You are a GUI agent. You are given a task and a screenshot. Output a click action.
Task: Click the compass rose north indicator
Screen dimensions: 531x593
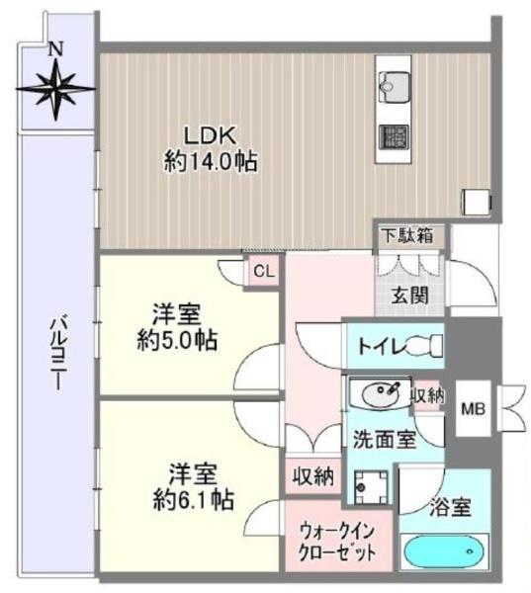[x=56, y=88]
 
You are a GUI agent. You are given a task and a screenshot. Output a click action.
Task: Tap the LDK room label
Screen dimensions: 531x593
[x=210, y=135]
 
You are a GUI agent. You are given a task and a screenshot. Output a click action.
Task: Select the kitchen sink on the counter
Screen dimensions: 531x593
[x=394, y=87]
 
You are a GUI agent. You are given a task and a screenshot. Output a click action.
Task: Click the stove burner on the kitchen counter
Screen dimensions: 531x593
[x=394, y=136]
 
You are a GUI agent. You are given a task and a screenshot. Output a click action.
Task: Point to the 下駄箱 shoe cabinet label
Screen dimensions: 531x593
[x=407, y=236]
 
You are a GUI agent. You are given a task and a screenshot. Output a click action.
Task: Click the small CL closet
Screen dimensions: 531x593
[x=263, y=271]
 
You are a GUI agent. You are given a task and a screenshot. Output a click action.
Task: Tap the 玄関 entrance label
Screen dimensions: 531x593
[x=409, y=296]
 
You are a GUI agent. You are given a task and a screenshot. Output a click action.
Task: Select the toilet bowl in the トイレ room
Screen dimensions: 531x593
[x=424, y=346]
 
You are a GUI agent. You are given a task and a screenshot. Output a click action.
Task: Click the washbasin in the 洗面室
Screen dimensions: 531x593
[x=381, y=394]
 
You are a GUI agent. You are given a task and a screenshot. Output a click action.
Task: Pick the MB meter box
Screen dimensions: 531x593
[x=473, y=408]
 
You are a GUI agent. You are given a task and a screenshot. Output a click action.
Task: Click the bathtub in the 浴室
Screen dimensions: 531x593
[x=444, y=551]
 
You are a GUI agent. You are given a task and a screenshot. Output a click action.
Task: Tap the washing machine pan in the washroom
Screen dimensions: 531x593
[x=371, y=487]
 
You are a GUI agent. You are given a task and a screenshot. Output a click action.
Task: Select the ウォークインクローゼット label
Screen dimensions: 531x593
[x=337, y=543]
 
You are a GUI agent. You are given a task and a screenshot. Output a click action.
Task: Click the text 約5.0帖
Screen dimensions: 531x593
[x=177, y=341]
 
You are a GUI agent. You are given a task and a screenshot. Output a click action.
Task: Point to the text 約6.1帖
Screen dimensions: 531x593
[x=193, y=500]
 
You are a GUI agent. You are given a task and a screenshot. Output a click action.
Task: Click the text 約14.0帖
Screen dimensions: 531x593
[x=211, y=163]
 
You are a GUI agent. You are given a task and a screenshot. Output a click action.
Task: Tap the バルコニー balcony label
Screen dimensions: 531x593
[x=58, y=355]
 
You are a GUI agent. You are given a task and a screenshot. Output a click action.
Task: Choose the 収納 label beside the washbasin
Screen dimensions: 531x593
[x=428, y=395]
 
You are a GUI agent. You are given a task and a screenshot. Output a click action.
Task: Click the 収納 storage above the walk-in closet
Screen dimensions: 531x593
[x=313, y=476]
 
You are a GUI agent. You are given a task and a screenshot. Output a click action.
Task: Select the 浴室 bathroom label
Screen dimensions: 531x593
[x=450, y=508]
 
